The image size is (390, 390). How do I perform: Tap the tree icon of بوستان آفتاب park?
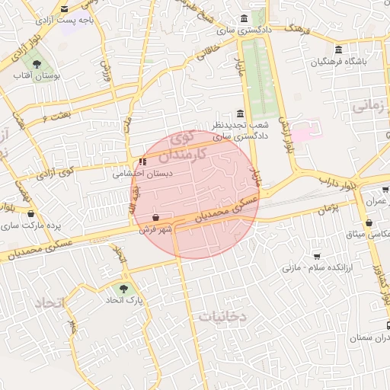[x=37, y=64]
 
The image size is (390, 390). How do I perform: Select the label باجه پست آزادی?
[x=89, y=21]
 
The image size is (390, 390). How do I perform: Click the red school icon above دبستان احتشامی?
[x=142, y=161]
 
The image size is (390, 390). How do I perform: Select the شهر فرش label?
[x=156, y=228]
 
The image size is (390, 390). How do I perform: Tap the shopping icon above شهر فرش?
[x=156, y=216]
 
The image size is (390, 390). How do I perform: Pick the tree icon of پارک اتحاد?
[x=123, y=289]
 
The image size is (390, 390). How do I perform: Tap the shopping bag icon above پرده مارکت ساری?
[x=30, y=214]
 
